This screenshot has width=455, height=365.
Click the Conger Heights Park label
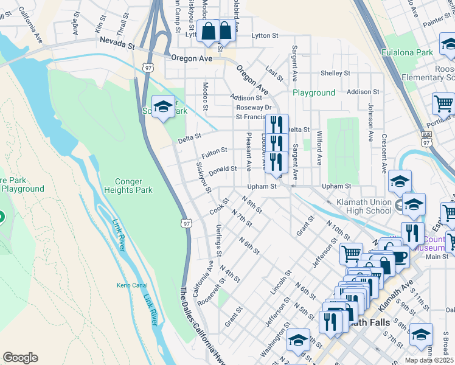(x=135, y=186)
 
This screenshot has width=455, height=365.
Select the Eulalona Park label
(x=407, y=53)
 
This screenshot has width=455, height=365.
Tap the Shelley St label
(x=335, y=73)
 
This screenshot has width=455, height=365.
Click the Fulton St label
(x=215, y=151)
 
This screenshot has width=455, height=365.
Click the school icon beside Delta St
(x=162, y=108)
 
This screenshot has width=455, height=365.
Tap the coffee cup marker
(x=400, y=255)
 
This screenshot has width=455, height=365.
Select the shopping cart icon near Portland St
(x=443, y=103)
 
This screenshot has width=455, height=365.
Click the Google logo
(x=20, y=358)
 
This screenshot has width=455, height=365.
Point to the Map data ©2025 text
(x=429, y=360)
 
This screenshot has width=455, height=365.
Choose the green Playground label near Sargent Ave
(x=314, y=92)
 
